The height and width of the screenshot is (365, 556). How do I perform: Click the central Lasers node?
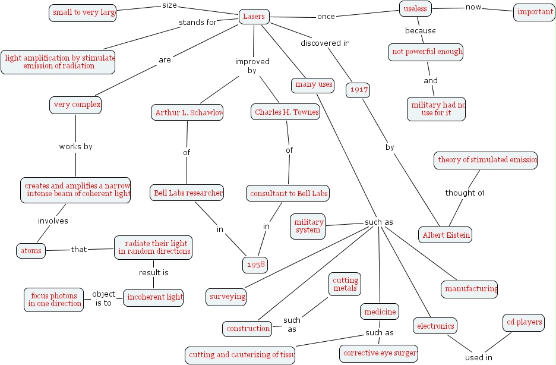[254, 17]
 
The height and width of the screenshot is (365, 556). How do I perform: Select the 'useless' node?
[415, 9]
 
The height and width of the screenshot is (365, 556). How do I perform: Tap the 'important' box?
[534, 12]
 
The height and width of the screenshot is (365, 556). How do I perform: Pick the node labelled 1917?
[358, 90]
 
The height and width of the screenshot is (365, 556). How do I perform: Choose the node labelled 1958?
[255, 264]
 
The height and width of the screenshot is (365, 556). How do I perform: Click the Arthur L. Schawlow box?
[187, 112]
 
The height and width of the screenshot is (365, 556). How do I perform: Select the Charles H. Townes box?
[286, 112]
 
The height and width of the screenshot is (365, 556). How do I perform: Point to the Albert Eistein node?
[446, 235]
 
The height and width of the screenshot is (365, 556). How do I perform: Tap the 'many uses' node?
[313, 85]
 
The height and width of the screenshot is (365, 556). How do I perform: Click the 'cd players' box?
[524, 322]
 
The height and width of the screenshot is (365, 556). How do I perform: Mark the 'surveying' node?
[226, 296]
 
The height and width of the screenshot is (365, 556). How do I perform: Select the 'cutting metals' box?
[345, 284]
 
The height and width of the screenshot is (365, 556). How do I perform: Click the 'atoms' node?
[31, 251]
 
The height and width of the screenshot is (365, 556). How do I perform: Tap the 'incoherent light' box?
[153, 298]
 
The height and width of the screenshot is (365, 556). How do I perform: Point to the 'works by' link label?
[75, 146]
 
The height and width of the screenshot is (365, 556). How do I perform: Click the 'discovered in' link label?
[324, 43]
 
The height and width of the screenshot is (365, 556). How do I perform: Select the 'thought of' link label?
[464, 193]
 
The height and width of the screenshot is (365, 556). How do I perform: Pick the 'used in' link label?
[479, 357]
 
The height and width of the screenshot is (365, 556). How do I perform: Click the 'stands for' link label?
[198, 23]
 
